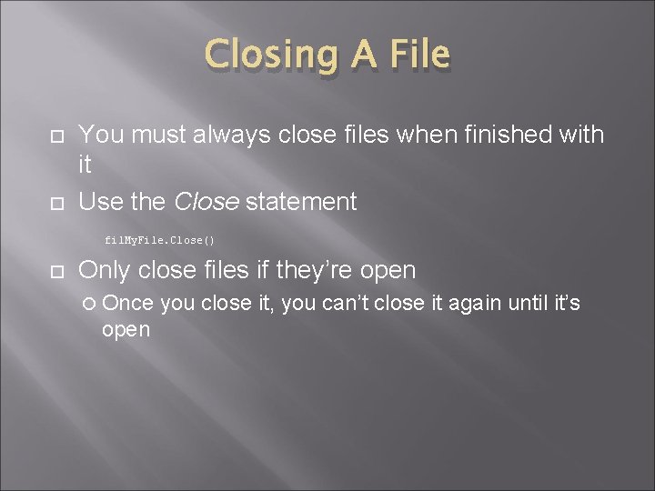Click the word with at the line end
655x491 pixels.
click(579, 135)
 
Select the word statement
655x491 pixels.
click(301, 202)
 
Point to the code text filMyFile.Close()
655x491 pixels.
click(159, 240)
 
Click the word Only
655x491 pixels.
click(104, 270)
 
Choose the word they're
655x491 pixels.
click(308, 270)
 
